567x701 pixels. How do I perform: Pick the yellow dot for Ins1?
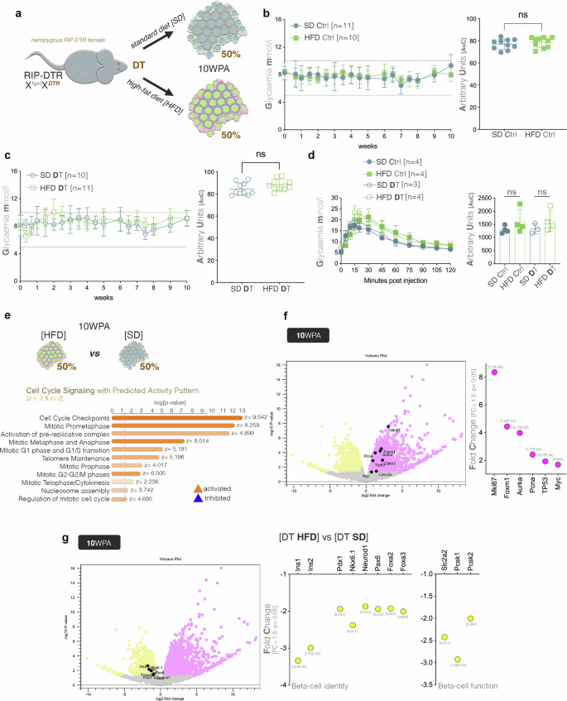click(x=297, y=660)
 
